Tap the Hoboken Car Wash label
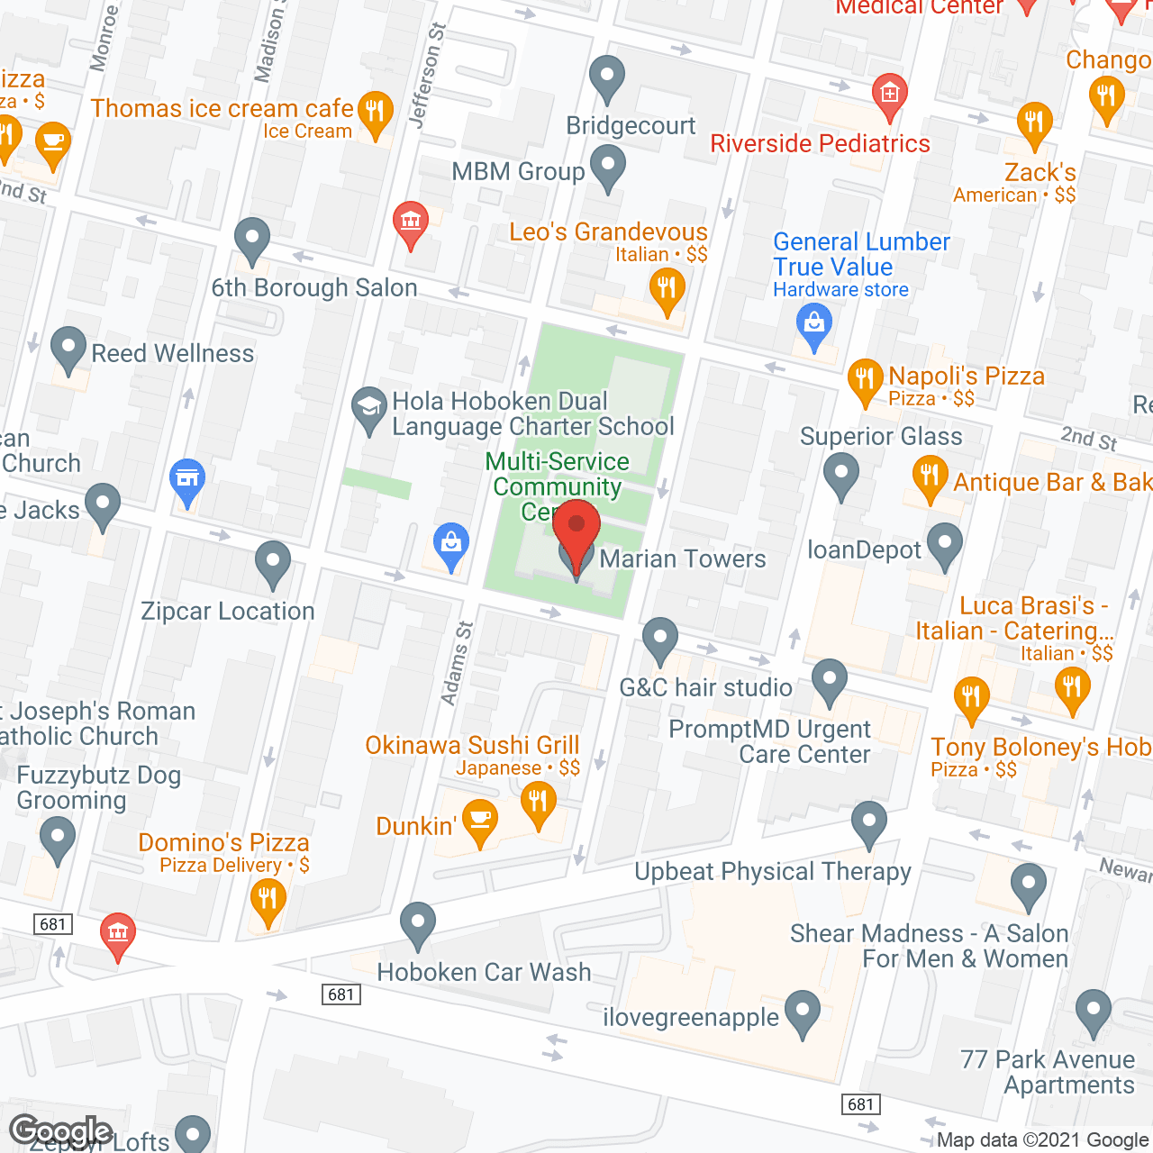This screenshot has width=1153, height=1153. (x=484, y=973)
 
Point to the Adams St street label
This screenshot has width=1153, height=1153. (x=457, y=662)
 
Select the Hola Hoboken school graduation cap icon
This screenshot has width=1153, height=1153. (x=368, y=410)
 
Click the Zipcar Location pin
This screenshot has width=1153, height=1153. (x=272, y=563)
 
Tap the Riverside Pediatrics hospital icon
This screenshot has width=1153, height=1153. (x=889, y=95)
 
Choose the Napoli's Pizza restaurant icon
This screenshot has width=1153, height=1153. (x=865, y=381)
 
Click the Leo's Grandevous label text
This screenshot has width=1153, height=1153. (x=608, y=232)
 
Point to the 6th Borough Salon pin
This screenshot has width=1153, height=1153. (x=252, y=241)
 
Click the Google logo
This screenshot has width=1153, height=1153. (x=60, y=1131)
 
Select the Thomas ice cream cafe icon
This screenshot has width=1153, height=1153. (x=375, y=113)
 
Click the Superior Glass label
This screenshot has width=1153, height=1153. (x=881, y=437)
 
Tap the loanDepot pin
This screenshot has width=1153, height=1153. (x=945, y=546)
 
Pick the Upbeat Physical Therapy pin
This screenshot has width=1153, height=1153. (x=869, y=823)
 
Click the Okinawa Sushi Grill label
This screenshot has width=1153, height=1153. (x=472, y=746)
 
